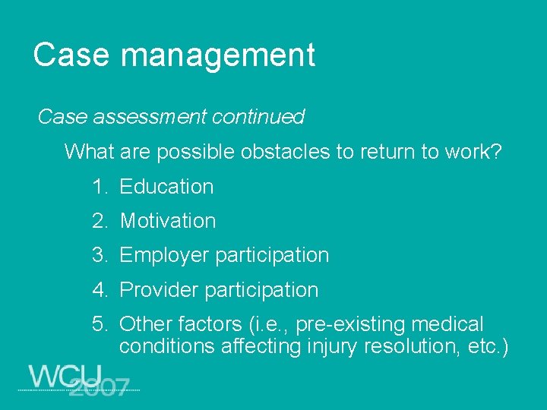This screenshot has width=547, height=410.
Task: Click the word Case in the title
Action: click(71, 55)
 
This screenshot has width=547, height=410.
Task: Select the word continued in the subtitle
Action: click(258, 117)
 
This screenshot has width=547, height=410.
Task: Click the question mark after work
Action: click(497, 152)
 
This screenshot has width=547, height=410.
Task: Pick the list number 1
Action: click(99, 187)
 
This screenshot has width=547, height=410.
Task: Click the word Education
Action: click(166, 187)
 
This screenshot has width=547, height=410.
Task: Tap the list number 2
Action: click(99, 221)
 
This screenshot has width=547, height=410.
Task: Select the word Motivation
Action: click(168, 221)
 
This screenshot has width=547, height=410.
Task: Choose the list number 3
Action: click(99, 255)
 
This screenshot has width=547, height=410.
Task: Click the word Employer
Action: click(165, 256)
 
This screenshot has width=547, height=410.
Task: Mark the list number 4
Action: click(99, 290)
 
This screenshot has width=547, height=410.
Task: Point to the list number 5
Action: click(99, 325)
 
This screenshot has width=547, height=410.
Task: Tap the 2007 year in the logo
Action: click(98, 386)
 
